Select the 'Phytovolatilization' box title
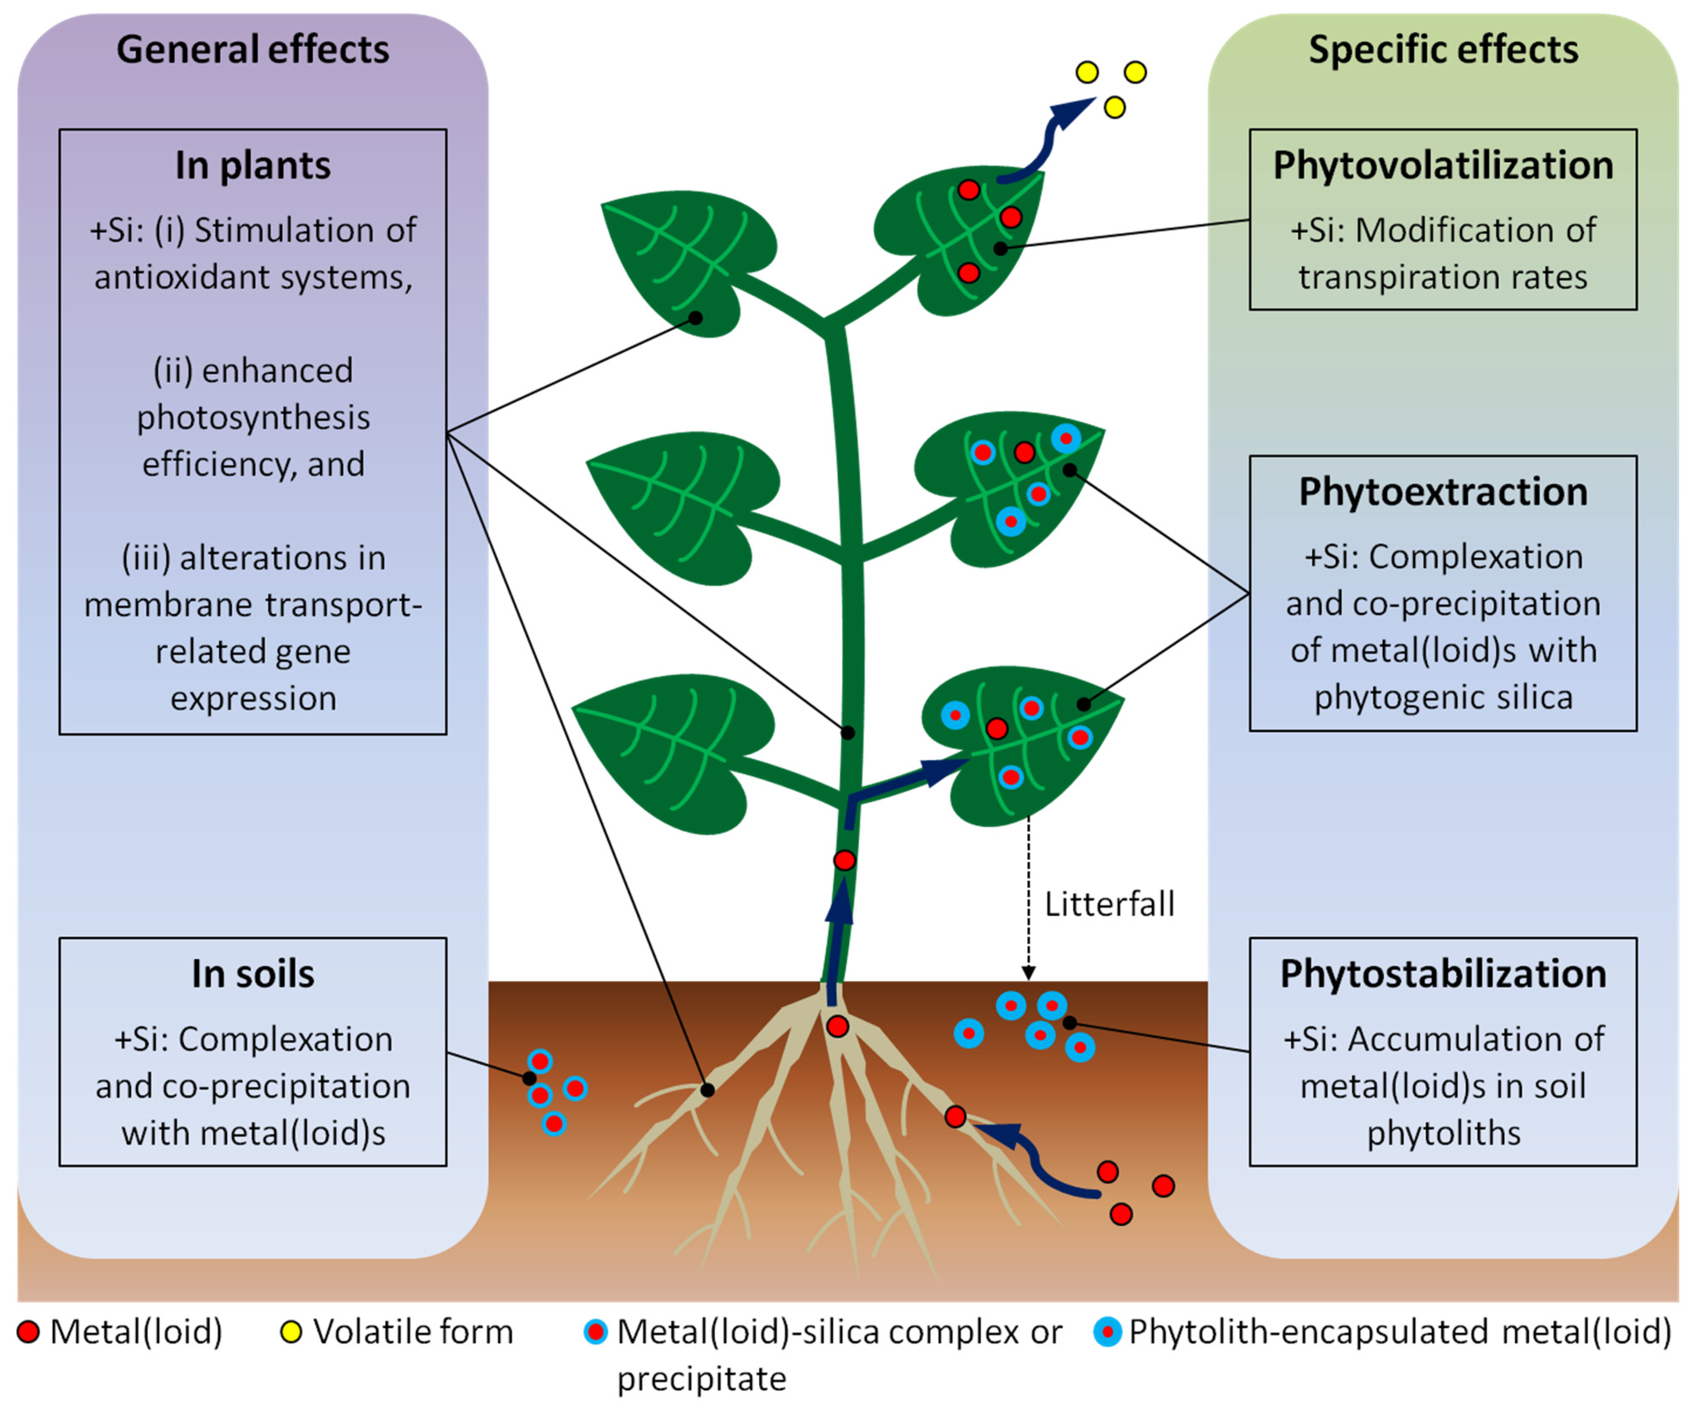pyautogui.click(x=1443, y=165)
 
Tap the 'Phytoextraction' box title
pyautogui.click(x=1443, y=491)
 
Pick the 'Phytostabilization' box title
pyautogui.click(x=1443, y=974)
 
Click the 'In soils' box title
pyautogui.click(x=253, y=974)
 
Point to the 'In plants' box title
pyautogui.click(x=253, y=165)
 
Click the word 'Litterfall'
pyautogui.click(x=1109, y=904)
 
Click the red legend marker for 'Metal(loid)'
pyautogui.click(x=28, y=1331)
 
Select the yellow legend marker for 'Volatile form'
pyautogui.click(x=290, y=1331)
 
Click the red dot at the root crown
pyautogui.click(x=837, y=1027)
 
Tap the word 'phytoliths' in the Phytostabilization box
pyautogui.click(x=1443, y=1133)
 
